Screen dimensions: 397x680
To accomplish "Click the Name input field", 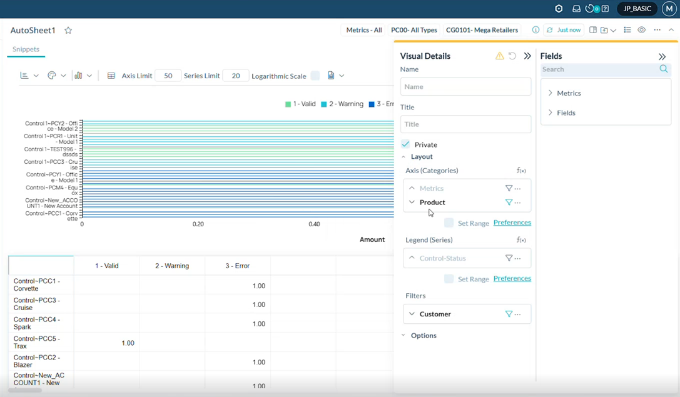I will click(x=465, y=86).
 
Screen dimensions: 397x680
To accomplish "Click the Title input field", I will click(x=465, y=124).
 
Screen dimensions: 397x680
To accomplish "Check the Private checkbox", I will click(x=406, y=144).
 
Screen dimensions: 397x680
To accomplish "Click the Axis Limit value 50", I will click(x=168, y=76).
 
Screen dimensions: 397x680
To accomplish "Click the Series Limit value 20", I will click(x=236, y=76).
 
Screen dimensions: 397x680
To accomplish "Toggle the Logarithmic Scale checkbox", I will click(x=315, y=76).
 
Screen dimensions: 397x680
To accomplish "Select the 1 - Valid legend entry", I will click(x=300, y=104).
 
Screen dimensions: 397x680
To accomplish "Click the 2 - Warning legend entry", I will click(x=342, y=104).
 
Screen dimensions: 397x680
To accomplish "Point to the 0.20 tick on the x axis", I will click(x=198, y=224).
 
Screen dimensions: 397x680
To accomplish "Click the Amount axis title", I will click(x=372, y=239).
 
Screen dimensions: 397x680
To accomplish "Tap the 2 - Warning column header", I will click(x=172, y=266).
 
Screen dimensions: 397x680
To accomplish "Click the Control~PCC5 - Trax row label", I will click(x=37, y=343).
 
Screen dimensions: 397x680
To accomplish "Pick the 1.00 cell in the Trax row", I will click(x=128, y=343).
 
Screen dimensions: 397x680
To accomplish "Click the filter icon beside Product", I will click(x=509, y=202).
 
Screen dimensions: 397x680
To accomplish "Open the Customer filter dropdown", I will click(x=412, y=314).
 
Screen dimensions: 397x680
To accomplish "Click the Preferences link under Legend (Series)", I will click(x=512, y=278).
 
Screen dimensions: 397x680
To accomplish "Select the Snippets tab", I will click(x=26, y=49).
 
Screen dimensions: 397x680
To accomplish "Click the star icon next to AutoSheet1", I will click(x=68, y=30).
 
